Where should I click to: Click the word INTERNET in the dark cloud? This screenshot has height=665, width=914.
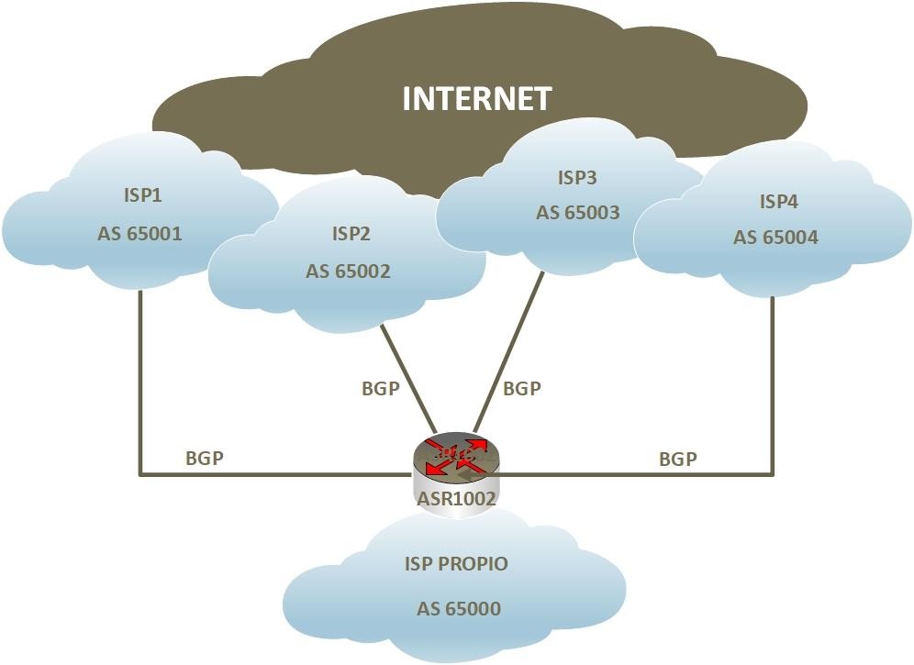pos(477,98)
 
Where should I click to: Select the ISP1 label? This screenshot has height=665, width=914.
pos(142,194)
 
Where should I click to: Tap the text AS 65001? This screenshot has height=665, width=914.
pos(139,234)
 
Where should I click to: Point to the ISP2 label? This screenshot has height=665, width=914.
pos(351,233)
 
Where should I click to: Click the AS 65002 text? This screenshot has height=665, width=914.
pos(348,271)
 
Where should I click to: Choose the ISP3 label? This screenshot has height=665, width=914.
pos(577,177)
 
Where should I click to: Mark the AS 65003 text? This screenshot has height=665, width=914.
pos(577,212)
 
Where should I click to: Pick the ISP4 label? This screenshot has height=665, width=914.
pos(778,201)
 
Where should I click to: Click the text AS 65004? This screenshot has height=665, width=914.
pos(775,238)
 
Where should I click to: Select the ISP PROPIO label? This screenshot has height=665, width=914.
pos(456,563)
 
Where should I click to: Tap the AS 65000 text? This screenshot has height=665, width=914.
pos(459,608)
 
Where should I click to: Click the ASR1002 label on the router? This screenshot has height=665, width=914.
pos(456,498)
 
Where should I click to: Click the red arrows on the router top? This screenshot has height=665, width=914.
pos(456,456)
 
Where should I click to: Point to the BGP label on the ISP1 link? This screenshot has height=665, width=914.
pos(205,458)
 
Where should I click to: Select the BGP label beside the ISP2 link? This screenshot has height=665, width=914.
pos(381,388)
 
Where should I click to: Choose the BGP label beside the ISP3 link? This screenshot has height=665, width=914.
pos(522,388)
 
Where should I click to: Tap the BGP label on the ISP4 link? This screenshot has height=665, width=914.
pos(678,459)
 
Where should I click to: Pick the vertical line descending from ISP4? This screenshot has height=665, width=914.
pos(773,386)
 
